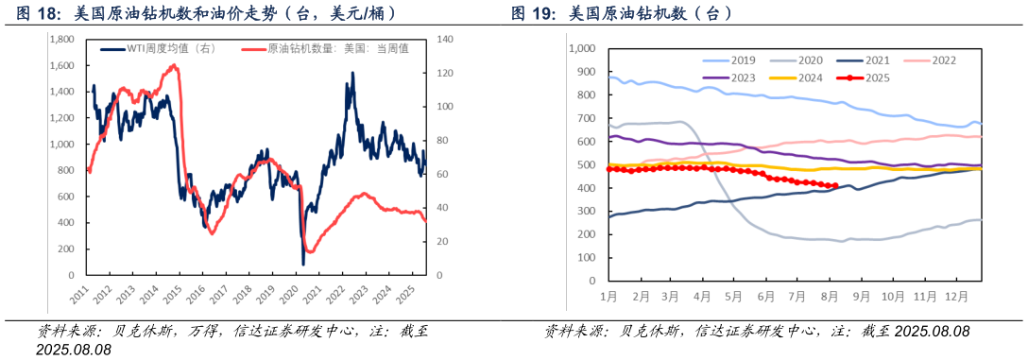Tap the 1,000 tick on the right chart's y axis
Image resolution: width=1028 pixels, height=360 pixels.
point(582,48)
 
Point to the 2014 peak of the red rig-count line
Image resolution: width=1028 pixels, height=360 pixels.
point(174,65)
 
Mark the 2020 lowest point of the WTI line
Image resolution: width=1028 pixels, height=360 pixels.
point(303,264)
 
